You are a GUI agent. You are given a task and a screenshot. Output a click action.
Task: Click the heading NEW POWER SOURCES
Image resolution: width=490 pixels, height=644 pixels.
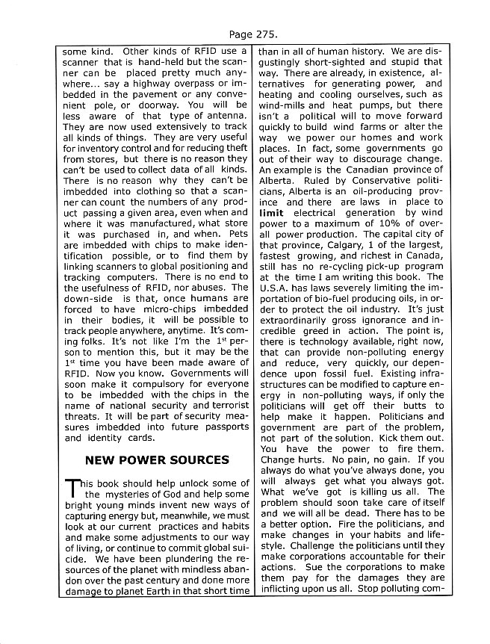click(x=157, y=459)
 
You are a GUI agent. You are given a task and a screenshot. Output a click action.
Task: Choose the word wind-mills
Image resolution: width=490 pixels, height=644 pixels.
click(x=282, y=105)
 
